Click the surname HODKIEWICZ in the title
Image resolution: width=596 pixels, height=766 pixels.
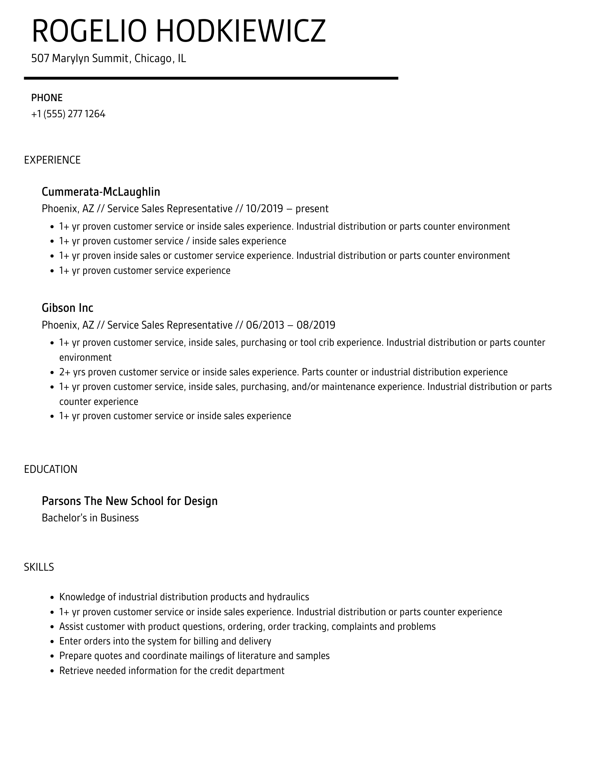[x=241, y=31]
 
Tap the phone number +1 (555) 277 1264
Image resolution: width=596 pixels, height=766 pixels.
[x=68, y=114]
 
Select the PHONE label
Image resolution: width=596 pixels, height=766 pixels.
[x=47, y=98]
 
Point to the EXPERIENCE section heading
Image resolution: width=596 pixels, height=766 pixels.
[x=52, y=160]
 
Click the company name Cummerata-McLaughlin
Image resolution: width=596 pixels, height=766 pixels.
[x=101, y=192]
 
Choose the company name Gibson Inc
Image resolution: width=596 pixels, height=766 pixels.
[x=68, y=308]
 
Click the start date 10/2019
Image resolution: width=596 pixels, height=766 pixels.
[x=264, y=208]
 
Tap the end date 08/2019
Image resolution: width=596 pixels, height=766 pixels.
[x=316, y=325]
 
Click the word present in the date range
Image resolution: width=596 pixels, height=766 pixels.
[x=312, y=209]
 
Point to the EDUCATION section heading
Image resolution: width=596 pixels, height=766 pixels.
[x=51, y=469]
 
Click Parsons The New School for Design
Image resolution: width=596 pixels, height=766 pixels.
[x=130, y=501]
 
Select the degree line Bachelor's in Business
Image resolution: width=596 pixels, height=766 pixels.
[x=90, y=518]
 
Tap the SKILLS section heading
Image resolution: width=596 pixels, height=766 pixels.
[x=39, y=567]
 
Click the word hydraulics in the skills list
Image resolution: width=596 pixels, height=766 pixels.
[x=288, y=597]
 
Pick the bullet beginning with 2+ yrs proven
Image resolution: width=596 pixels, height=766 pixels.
[x=283, y=372]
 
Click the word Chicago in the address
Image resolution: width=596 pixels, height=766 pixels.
[x=153, y=58]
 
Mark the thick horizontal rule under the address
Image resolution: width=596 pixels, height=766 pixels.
[x=211, y=78]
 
